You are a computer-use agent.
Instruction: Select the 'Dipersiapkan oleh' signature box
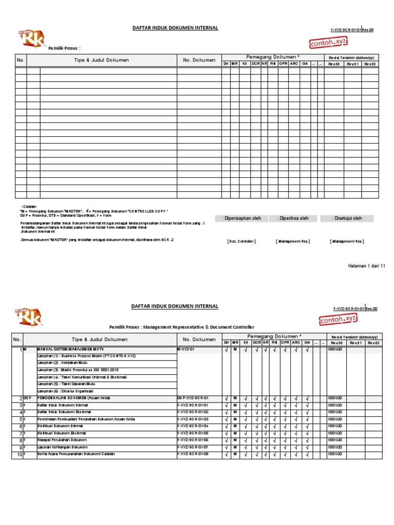click(241, 218)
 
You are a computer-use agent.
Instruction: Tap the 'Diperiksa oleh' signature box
click(293, 218)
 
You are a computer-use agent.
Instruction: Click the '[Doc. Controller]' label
click(241, 241)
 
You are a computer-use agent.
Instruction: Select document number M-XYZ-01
click(186, 349)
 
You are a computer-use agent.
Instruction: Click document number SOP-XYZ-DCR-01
click(192, 398)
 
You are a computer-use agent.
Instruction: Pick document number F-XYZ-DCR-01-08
click(193, 454)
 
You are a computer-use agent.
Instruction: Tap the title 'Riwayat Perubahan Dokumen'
click(62, 440)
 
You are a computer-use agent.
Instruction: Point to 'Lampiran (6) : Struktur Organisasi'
click(64, 391)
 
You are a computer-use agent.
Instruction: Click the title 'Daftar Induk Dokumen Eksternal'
click(63, 412)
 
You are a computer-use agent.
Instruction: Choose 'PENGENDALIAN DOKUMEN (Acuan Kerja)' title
click(73, 398)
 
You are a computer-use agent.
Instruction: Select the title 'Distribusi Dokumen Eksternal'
click(62, 433)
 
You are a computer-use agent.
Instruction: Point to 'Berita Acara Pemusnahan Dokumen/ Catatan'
click(76, 454)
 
